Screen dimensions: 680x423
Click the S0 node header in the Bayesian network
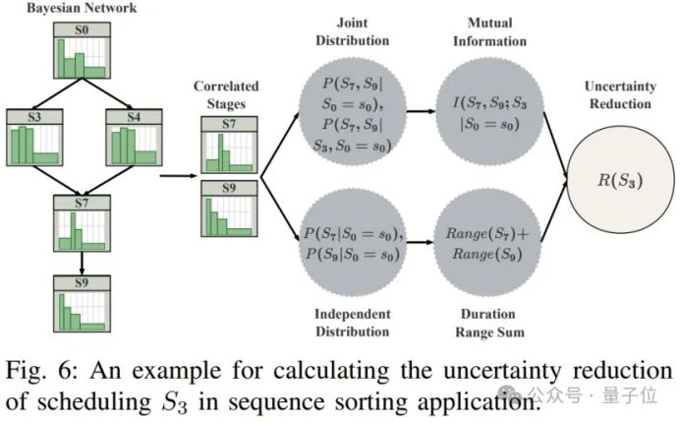click(x=82, y=30)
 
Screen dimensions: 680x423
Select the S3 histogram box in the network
click(x=34, y=138)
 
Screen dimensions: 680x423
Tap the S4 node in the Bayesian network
click(x=134, y=138)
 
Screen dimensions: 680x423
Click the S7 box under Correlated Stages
click(x=229, y=145)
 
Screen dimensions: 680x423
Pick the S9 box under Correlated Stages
click(x=229, y=209)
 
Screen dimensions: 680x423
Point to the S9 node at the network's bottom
click(x=82, y=304)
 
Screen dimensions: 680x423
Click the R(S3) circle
click(x=620, y=180)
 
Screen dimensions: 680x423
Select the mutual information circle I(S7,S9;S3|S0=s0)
click(x=489, y=112)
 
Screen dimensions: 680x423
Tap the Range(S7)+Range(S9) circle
click(x=487, y=243)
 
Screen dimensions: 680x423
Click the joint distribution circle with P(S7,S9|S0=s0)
click(x=353, y=112)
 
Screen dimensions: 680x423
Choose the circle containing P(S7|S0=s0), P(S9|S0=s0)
click(x=353, y=243)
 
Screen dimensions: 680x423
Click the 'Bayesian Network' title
click(x=82, y=8)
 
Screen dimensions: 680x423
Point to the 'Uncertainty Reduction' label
click(x=620, y=95)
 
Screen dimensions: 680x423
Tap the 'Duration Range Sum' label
click(x=489, y=323)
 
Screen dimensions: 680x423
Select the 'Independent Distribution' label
click(x=353, y=323)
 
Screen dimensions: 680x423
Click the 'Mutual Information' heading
click(x=489, y=31)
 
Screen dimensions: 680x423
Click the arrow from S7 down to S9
click(x=82, y=264)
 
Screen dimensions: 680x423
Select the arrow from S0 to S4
click(x=107, y=93)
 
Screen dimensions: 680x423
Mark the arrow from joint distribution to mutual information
click(x=422, y=111)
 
